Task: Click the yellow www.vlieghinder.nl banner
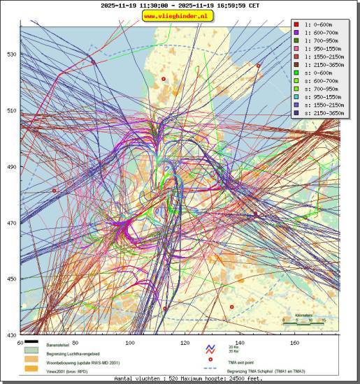(x=180, y=15)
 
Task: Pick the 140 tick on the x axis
(x=240, y=343)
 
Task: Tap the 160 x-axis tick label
(x=295, y=343)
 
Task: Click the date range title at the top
(x=180, y=5)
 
